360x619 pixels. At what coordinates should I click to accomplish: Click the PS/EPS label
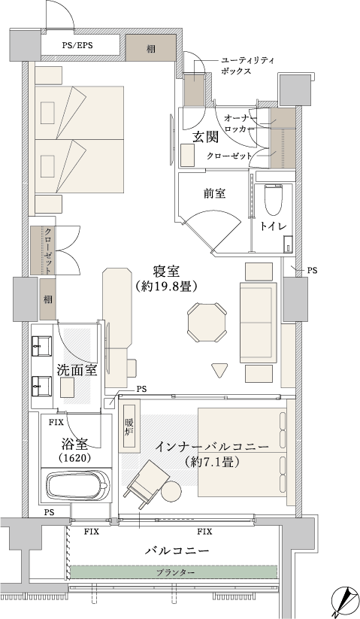coord(77,45)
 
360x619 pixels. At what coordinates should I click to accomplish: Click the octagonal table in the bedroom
coord(207,323)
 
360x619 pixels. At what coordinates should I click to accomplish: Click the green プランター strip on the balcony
coord(174,572)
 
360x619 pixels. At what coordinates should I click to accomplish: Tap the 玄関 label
coord(205,137)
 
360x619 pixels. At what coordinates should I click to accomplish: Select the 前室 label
coord(214,193)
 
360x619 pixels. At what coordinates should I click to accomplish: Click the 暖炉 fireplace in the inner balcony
coord(130,426)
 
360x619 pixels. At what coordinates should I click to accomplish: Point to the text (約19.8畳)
coord(166,287)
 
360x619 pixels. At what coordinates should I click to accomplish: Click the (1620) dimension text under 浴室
coord(75,458)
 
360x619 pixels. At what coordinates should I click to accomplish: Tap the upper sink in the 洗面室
coord(42,346)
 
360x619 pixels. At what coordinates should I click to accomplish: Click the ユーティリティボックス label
coord(247,66)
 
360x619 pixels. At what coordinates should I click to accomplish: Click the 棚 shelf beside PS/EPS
coord(151,48)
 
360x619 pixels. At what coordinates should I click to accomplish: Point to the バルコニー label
coord(177,551)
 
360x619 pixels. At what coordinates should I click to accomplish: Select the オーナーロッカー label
coord(241,123)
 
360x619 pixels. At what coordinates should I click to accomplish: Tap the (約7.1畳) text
coord(212,462)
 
